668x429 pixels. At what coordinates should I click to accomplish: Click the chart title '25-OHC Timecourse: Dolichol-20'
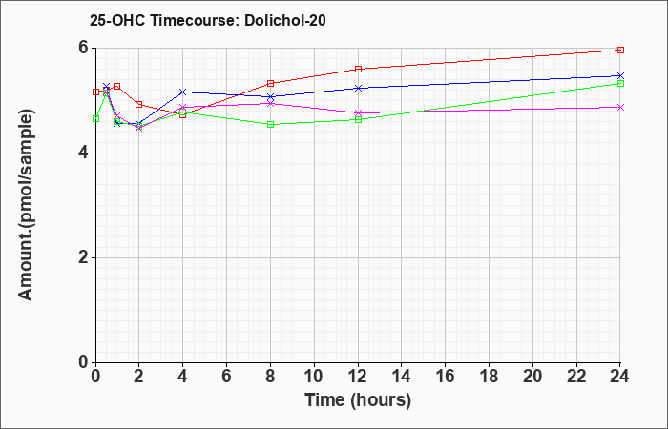[207, 20]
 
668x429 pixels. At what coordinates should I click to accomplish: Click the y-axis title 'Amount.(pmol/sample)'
[26, 205]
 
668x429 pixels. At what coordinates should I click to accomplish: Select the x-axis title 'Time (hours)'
[358, 400]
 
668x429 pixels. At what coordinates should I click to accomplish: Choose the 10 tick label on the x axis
[314, 377]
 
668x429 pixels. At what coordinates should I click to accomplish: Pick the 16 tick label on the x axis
[446, 377]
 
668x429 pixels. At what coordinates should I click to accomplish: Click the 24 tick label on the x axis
[620, 377]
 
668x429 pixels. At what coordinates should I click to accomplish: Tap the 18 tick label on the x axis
[489, 377]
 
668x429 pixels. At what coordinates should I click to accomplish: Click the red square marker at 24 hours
[620, 51]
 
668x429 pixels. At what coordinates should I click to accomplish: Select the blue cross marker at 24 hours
[620, 75]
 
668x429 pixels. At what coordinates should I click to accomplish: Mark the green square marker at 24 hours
[620, 84]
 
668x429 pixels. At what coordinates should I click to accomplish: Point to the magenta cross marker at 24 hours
[620, 107]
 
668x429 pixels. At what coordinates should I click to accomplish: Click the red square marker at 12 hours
[358, 69]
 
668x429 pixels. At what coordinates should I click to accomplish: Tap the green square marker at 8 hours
[270, 125]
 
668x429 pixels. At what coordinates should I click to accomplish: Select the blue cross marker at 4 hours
[183, 92]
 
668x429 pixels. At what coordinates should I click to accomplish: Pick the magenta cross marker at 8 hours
[270, 103]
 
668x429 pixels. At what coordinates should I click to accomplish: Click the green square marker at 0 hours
[95, 119]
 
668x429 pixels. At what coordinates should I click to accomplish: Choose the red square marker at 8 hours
[270, 84]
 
